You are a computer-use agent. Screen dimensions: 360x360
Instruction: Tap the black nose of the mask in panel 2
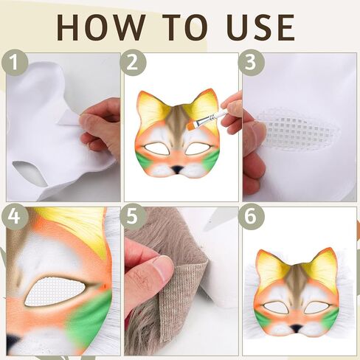coord(178,168)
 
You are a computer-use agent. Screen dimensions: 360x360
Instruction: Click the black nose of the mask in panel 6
coord(295,326)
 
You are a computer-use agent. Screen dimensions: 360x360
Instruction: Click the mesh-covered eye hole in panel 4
coord(55,291)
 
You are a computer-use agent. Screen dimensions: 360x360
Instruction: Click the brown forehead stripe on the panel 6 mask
coord(295,281)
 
